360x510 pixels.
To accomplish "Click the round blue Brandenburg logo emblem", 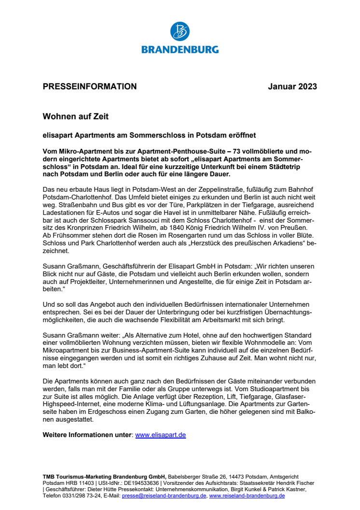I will [180, 31].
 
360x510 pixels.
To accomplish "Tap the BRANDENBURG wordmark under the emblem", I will [180, 49].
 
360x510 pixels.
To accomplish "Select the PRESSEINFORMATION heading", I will [90, 87].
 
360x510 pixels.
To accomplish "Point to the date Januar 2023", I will [293, 87].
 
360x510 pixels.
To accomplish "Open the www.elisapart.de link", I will [161, 435].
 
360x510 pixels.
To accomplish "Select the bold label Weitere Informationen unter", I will [87, 435].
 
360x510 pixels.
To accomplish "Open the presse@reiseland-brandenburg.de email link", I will [164, 496].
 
